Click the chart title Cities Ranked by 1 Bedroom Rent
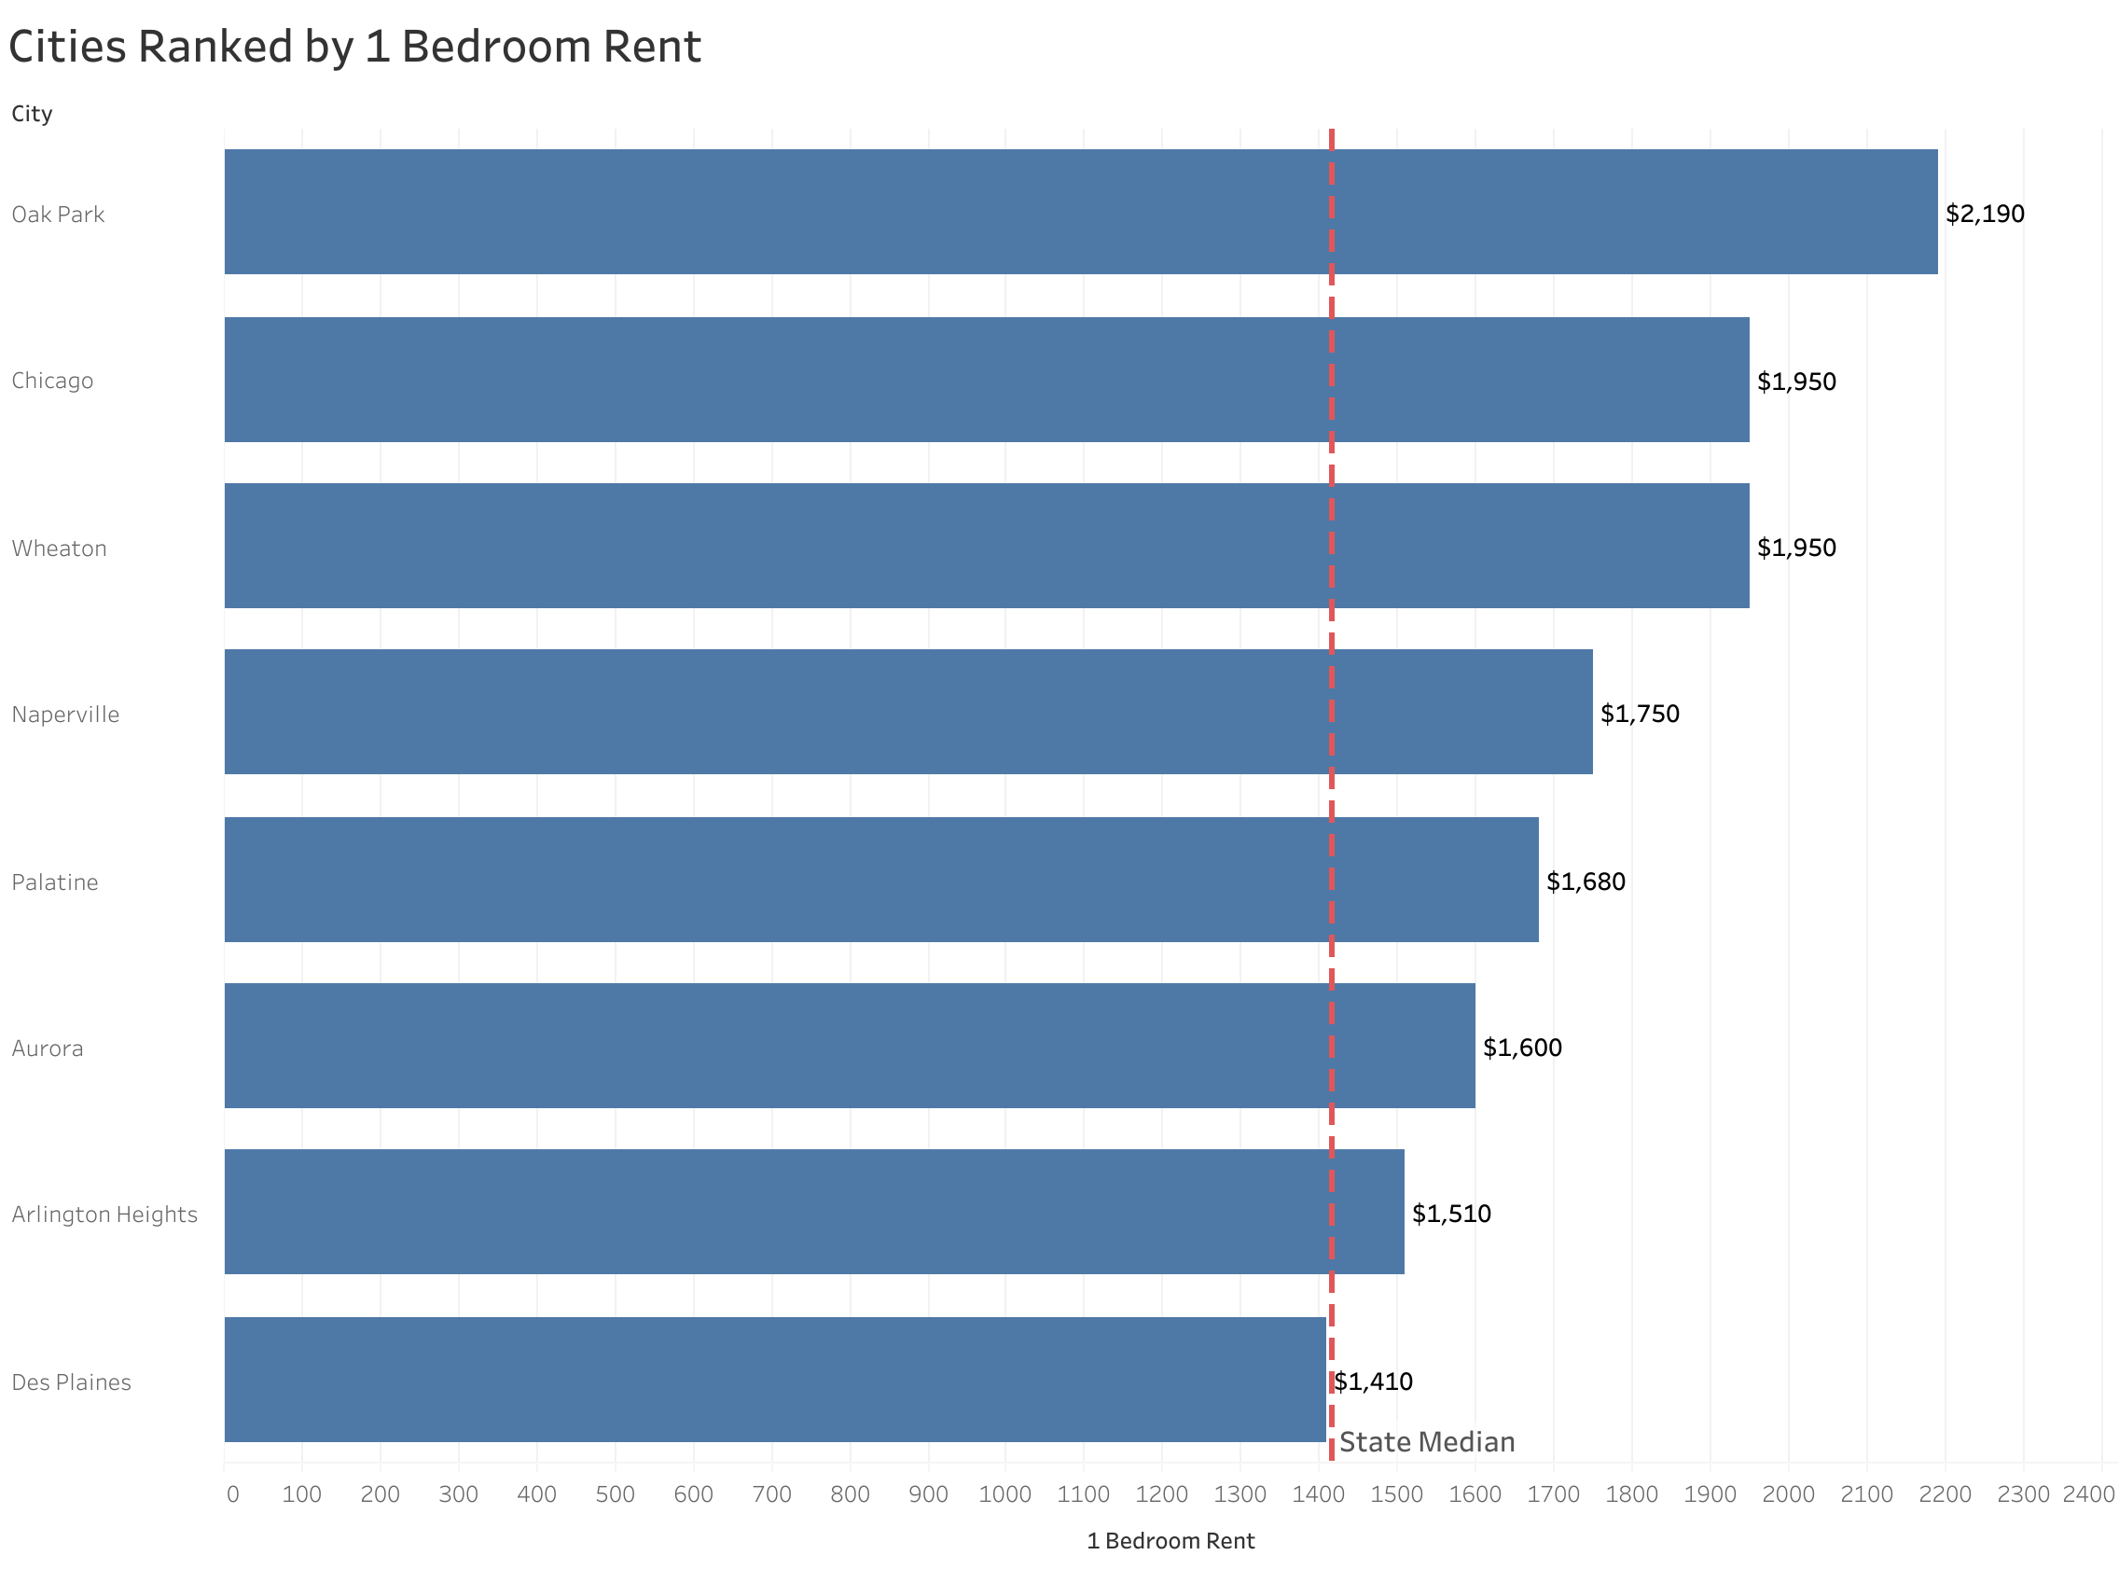pos(354,47)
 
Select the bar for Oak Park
pos(1079,212)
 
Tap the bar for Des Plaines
pos(774,1378)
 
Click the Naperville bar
pos(907,712)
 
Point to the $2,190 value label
pos(1984,214)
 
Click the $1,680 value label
pos(1585,882)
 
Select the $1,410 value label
pos(1373,1381)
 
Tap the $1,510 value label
pos(1450,1213)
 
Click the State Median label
pos(1426,1442)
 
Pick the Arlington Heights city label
pos(104,1214)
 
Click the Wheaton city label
pos(59,548)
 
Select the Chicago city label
pos(52,381)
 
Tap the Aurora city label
pos(48,1048)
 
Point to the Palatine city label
pos(55,882)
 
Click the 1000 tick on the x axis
pos(1004,1494)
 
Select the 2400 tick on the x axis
pos(2087,1494)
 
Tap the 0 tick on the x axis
pos(232,1494)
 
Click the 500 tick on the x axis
pos(615,1494)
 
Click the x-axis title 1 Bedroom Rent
pos(1170,1540)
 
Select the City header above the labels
pos(33,114)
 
